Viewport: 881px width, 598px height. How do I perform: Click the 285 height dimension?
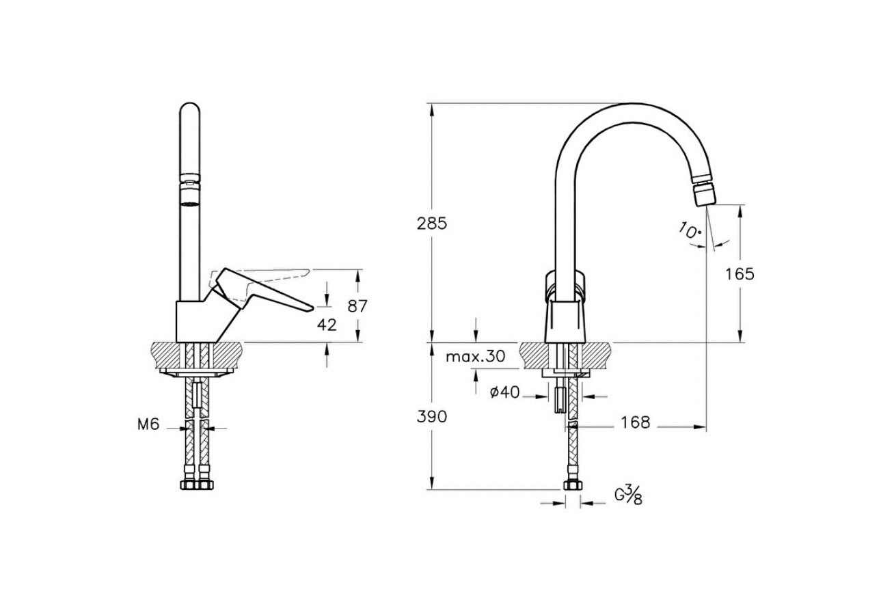click(x=432, y=223)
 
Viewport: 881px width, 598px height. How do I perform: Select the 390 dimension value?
click(x=432, y=417)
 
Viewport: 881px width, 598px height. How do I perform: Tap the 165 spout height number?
click(x=740, y=274)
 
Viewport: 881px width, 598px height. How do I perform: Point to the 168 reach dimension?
click(x=635, y=422)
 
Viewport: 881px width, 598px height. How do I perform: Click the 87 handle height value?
click(x=357, y=306)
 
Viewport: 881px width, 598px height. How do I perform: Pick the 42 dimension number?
click(x=327, y=325)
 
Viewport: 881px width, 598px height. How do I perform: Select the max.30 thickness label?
click(x=476, y=357)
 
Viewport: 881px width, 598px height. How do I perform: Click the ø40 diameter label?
click(x=505, y=392)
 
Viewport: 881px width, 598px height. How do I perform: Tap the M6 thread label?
click(x=148, y=424)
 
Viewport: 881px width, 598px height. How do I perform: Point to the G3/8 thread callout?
click(x=629, y=495)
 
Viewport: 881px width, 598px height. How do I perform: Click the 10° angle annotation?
click(x=690, y=230)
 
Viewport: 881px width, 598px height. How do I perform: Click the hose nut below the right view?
click(x=572, y=485)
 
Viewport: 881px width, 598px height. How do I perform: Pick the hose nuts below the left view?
click(x=196, y=485)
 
